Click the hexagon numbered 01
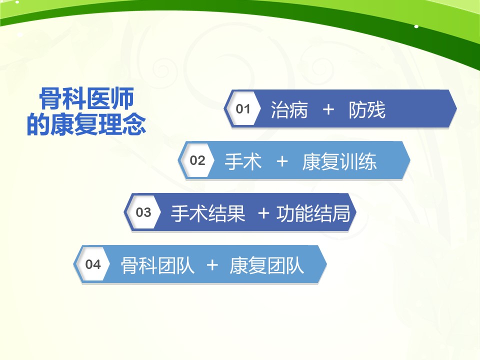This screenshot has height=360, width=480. point(243,108)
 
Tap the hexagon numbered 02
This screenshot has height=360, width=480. point(197,160)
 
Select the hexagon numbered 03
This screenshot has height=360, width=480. point(143,212)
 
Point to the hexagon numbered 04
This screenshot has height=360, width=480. point(93,264)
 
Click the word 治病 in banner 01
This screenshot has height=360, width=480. point(289,110)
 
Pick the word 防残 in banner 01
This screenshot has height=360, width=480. point(367,110)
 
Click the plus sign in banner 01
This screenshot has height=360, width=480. point(328,109)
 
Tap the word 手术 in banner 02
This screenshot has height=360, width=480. point(243,161)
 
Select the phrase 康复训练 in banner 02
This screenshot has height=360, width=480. point(339,161)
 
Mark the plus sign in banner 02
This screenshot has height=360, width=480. point(282,161)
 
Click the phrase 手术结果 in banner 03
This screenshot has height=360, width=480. point(208,213)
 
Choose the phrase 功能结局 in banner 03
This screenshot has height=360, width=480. point(313,213)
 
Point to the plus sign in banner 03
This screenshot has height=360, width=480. point(263,213)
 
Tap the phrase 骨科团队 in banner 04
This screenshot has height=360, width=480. point(157,265)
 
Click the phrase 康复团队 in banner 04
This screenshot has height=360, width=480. point(266,265)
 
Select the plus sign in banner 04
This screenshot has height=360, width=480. point(212,265)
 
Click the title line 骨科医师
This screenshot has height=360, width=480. point(86,98)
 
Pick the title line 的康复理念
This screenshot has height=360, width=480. point(86,124)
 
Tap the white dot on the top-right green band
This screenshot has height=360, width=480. point(416,26)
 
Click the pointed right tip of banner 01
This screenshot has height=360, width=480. point(456,108)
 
